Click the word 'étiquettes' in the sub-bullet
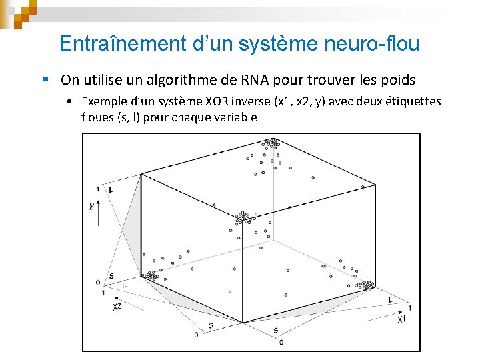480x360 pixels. (x=412, y=101)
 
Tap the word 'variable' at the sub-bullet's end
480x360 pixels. (x=236, y=117)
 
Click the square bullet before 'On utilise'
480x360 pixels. (x=45, y=80)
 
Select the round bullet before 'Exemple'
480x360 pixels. (x=70, y=102)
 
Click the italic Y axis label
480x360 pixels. (x=91, y=206)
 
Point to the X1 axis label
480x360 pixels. (x=402, y=319)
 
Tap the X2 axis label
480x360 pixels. (x=117, y=306)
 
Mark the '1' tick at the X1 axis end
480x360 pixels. (x=409, y=307)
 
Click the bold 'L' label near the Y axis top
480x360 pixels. (x=111, y=190)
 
